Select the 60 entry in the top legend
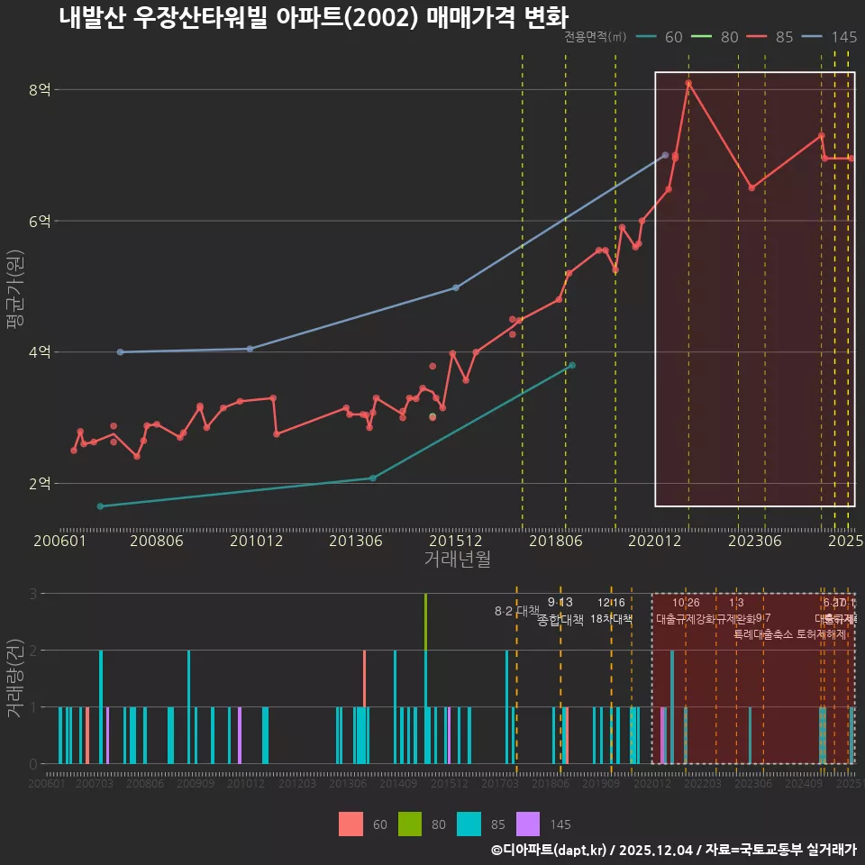click(x=660, y=37)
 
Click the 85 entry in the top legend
click(x=772, y=37)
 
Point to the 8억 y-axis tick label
click(x=41, y=89)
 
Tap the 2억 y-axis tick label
click(x=41, y=484)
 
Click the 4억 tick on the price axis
click(x=41, y=352)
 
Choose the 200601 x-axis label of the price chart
click(x=59, y=541)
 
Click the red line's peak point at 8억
click(x=688, y=83)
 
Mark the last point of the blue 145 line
click(x=665, y=155)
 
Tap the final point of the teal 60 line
click(x=572, y=365)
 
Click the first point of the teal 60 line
click(x=100, y=506)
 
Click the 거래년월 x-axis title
click(x=457, y=560)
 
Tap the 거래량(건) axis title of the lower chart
click(x=14, y=678)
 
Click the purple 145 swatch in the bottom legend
click(x=528, y=824)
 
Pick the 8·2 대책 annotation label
click(x=516, y=611)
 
